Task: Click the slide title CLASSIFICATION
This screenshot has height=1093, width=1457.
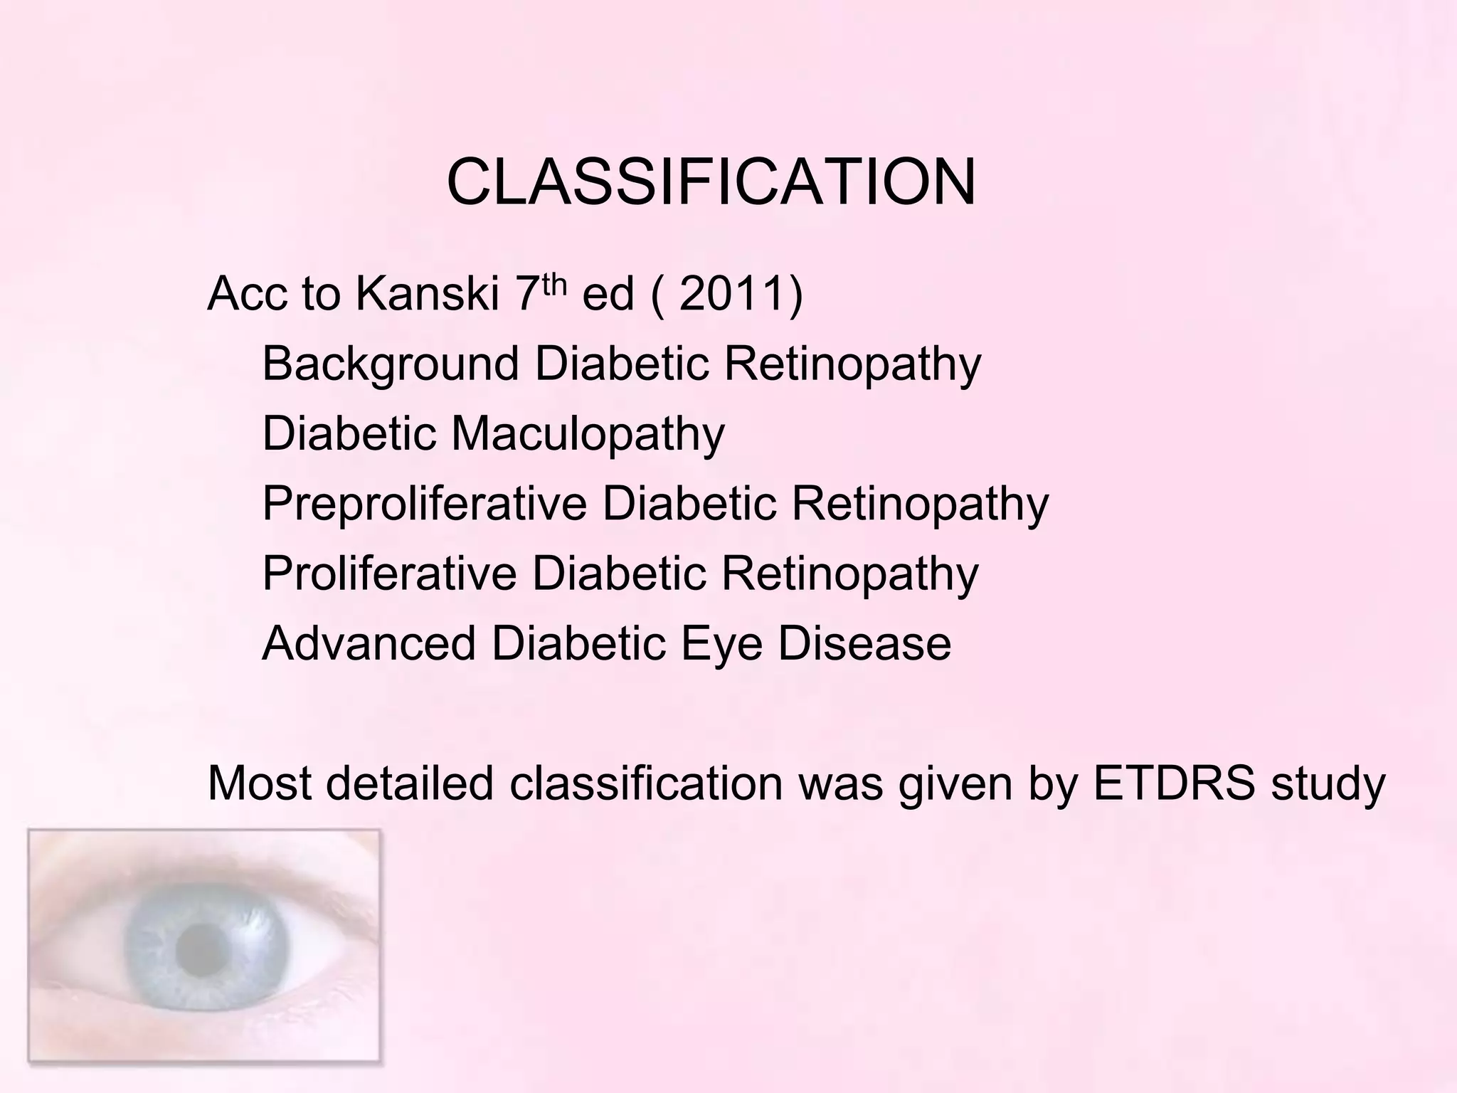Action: click(711, 182)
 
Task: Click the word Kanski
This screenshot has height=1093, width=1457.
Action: click(427, 293)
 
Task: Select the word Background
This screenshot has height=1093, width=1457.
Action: click(391, 364)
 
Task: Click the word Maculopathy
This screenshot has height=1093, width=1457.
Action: click(588, 434)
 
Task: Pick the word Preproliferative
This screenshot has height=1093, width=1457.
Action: click(424, 504)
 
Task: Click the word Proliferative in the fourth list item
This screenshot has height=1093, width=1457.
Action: click(389, 574)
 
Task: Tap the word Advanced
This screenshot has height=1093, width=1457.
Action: click(369, 643)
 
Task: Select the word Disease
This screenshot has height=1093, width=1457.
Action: click(864, 643)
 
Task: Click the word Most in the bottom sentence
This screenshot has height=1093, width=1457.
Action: click(259, 783)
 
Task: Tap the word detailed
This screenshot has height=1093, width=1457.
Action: click(409, 783)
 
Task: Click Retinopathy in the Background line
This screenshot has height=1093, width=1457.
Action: click(852, 364)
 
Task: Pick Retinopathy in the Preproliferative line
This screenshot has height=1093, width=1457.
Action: click(920, 504)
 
